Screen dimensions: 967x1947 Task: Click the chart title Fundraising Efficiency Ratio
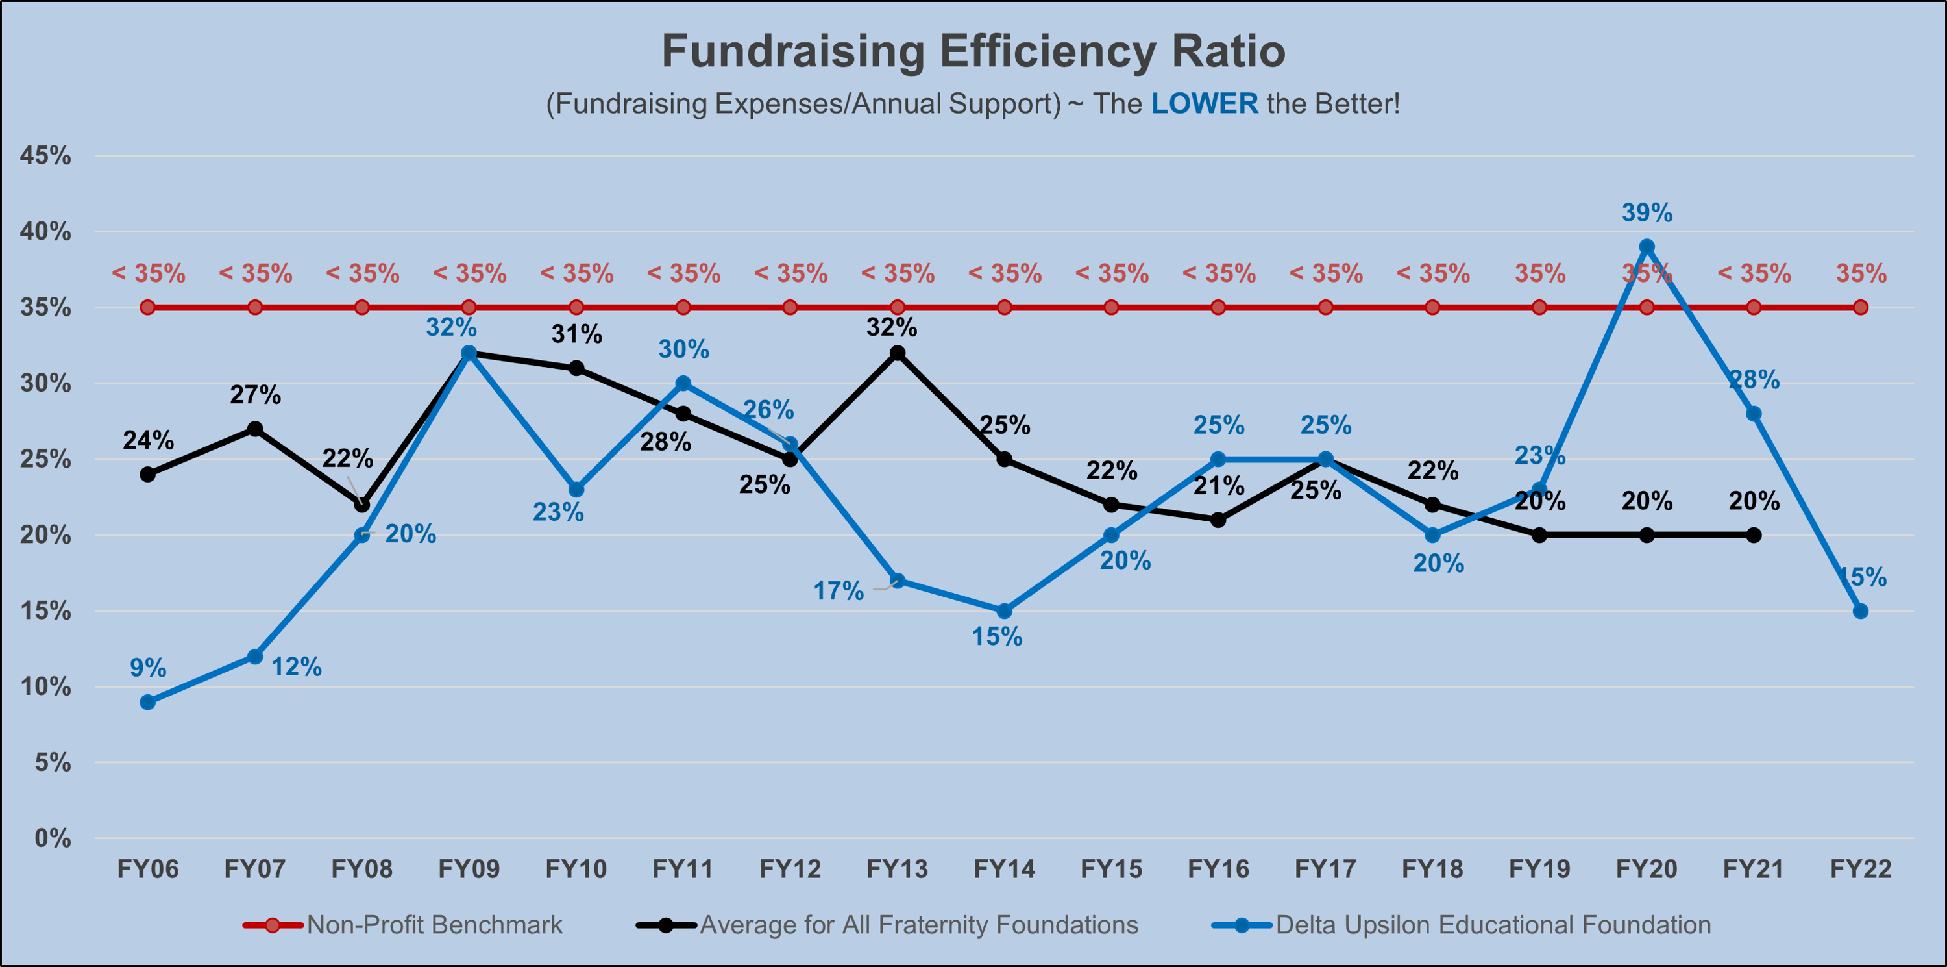click(973, 51)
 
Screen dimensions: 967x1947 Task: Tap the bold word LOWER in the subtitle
click(1204, 103)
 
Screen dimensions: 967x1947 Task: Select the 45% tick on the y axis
click(45, 156)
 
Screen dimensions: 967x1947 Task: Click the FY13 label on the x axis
click(897, 870)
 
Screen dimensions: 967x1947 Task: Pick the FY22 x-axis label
click(1860, 870)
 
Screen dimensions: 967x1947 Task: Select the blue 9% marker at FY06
click(148, 703)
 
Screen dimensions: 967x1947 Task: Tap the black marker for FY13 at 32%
click(897, 353)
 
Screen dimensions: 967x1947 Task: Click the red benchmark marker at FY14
click(1005, 308)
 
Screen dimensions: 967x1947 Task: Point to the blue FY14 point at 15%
click(1005, 611)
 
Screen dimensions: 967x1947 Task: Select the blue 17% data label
click(839, 590)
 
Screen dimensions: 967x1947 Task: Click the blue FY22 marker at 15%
click(1860, 611)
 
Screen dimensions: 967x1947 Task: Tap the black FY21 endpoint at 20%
click(1754, 535)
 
